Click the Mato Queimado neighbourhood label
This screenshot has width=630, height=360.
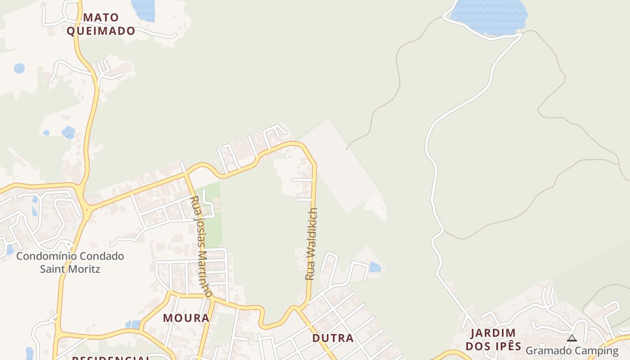pos(101,24)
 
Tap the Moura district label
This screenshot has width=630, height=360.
pos(186,318)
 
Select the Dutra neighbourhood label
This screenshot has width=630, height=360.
pos(333,338)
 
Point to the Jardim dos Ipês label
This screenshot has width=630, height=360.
pos(493,340)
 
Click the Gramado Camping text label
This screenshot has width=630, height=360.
pos(572,350)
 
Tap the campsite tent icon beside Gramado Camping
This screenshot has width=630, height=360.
pos(572,338)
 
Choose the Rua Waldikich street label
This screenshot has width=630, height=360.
pos(311,244)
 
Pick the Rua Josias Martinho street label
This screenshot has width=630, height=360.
pos(201,246)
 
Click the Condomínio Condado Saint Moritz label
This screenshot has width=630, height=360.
pos(70,263)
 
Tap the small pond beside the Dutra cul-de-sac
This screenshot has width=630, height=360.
pos(374,267)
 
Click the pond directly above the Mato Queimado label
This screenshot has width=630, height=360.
pos(143,10)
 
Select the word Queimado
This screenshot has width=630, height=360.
pos(101,31)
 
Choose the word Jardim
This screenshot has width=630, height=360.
pos(493,333)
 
